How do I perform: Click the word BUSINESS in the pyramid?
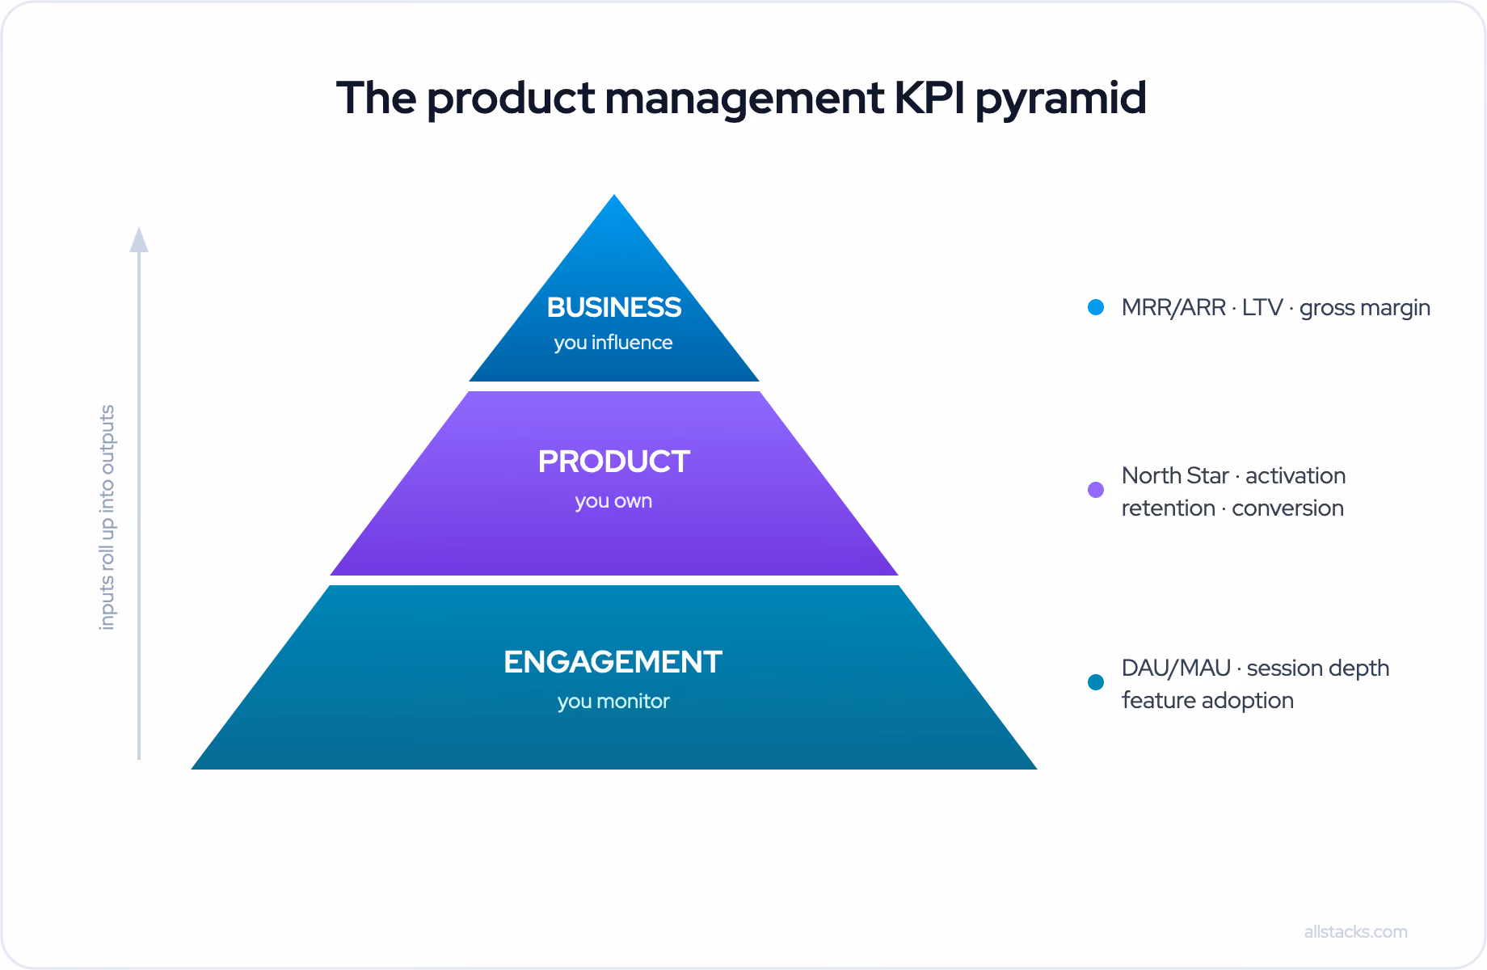(x=614, y=307)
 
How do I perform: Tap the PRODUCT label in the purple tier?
(x=614, y=462)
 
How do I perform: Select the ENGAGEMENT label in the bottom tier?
(x=613, y=662)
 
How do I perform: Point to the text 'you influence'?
(x=613, y=343)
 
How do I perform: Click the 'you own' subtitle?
(x=613, y=501)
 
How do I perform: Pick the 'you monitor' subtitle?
(x=613, y=701)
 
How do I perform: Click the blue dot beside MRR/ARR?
(x=1096, y=307)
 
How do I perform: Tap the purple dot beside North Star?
(x=1096, y=490)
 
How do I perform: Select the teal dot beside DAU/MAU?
(x=1096, y=682)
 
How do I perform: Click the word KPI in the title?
(x=929, y=98)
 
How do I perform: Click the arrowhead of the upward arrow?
(x=139, y=239)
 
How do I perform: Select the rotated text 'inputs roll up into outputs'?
(x=107, y=517)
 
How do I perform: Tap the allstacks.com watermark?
(x=1356, y=931)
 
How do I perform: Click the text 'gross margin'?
(x=1365, y=308)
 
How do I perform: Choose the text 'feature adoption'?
(x=1207, y=700)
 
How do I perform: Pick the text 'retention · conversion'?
(x=1232, y=508)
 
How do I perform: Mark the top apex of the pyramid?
(x=614, y=195)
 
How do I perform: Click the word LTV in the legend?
(x=1262, y=307)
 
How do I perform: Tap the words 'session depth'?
(x=1318, y=668)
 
